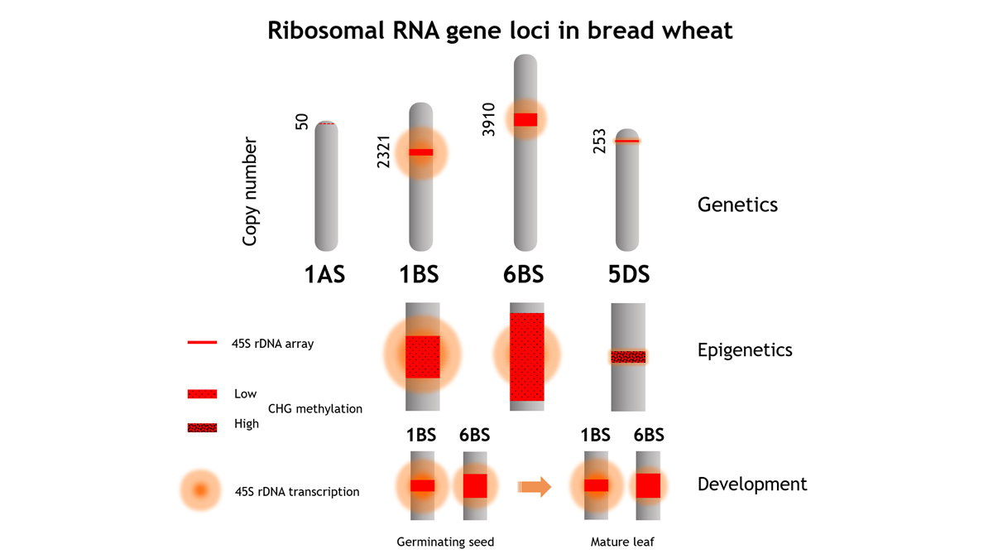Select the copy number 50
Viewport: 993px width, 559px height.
(x=302, y=122)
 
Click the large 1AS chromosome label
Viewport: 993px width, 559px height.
(x=324, y=275)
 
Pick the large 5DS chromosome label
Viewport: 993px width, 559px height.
(x=628, y=275)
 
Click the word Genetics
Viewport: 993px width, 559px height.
(x=737, y=204)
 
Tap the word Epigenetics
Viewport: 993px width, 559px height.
(x=745, y=349)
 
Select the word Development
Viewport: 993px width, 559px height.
(x=752, y=484)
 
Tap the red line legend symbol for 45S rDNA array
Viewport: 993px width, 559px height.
(x=202, y=342)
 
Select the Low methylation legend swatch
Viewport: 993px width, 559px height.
(x=202, y=393)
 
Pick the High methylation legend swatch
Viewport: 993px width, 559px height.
(x=202, y=427)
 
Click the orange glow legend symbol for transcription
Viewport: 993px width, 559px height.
(x=199, y=491)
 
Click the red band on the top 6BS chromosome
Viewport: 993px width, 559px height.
(x=525, y=119)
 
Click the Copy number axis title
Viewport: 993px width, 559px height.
(x=251, y=191)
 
